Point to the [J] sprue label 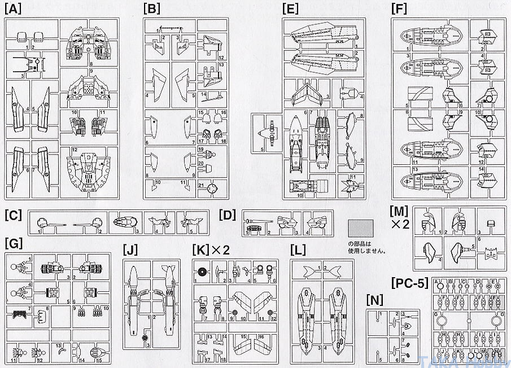coord(131,249)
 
